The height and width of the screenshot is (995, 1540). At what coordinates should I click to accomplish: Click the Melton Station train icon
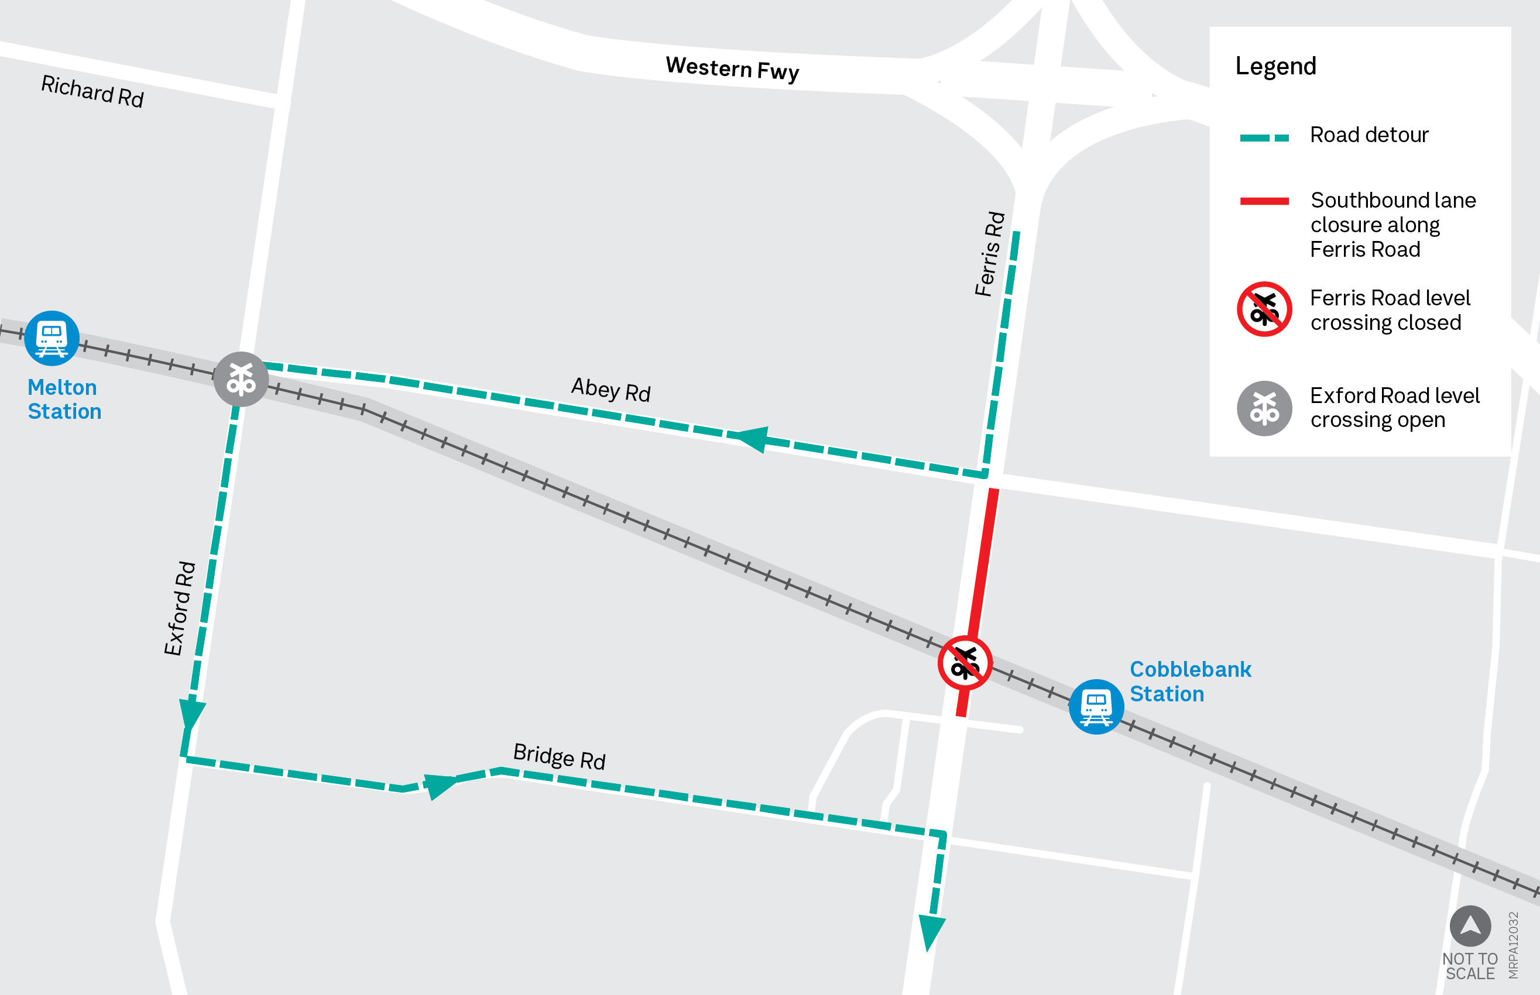point(52,338)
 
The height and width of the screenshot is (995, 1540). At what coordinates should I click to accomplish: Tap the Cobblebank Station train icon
point(1096,706)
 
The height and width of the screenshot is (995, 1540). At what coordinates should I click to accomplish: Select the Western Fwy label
point(732,68)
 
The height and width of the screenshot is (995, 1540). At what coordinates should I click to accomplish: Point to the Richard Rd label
point(92,91)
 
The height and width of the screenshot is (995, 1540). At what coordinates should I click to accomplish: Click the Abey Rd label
point(610,390)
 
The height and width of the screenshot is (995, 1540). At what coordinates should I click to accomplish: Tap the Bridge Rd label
point(559,756)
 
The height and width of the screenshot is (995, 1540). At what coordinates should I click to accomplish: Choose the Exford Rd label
point(179,608)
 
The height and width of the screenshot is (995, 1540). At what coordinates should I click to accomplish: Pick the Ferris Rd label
point(990,254)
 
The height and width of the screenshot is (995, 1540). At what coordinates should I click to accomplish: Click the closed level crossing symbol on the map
point(965,663)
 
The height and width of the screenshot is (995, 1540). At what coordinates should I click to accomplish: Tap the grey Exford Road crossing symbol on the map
point(241,379)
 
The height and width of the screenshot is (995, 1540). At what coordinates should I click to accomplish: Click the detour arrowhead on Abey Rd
point(752,438)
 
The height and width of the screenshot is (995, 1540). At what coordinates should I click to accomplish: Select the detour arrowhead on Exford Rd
point(191,714)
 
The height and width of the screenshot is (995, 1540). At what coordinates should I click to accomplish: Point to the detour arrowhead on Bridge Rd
point(440,785)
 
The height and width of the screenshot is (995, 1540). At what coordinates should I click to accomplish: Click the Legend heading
point(1275,66)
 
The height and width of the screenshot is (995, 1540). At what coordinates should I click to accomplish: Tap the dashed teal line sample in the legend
point(1264,137)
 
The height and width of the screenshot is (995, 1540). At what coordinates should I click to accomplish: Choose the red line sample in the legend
point(1264,201)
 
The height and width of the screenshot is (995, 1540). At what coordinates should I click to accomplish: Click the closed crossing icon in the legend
point(1264,309)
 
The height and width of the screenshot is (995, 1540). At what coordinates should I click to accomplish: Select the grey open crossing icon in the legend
point(1264,408)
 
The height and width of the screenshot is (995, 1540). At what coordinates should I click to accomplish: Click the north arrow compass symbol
point(1470,926)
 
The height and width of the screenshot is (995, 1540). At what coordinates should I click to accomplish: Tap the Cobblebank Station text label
point(1189,681)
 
